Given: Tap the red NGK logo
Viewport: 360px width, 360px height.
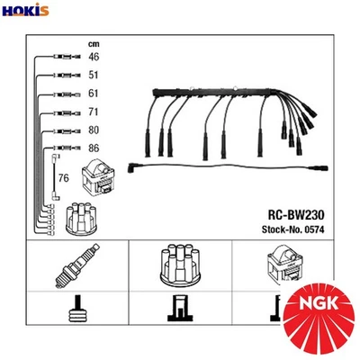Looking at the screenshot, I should [x=319, y=315].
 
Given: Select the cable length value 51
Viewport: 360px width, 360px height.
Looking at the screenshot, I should [x=94, y=76].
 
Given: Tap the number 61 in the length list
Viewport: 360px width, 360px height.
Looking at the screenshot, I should [x=94, y=94].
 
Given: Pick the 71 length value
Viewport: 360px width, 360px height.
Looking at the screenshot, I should [x=94, y=112].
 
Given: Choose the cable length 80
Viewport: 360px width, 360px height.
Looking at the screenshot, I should [x=94, y=130].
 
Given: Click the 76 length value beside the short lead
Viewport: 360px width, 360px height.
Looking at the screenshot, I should [x=63, y=178].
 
